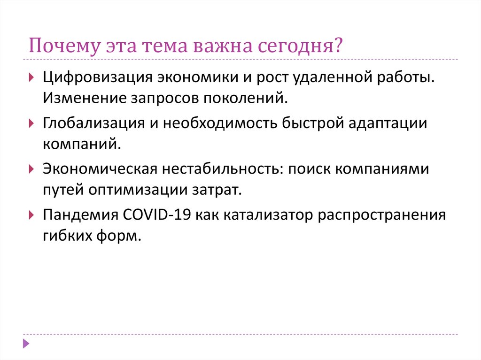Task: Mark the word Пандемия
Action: pyautogui.click(x=81, y=214)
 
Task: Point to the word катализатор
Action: pyautogui.click(x=268, y=214)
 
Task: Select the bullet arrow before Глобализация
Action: pyautogui.click(x=31, y=123)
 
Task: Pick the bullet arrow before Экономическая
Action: pyautogui.click(x=31, y=169)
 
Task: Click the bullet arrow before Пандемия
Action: pyautogui.click(x=31, y=215)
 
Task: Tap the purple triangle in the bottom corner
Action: pyautogui.click(x=26, y=344)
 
